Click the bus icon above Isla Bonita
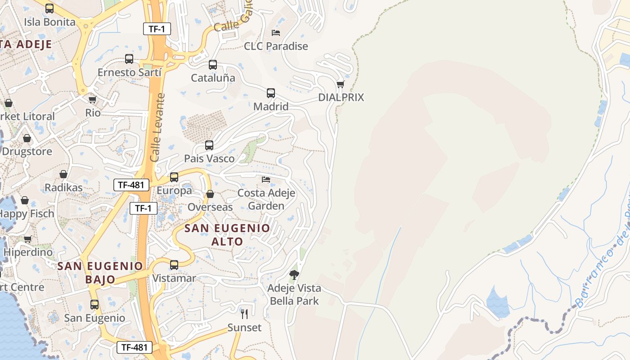(x=49, y=8)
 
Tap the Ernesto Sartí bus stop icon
(x=129, y=58)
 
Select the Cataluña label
(x=213, y=78)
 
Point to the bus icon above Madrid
(x=271, y=93)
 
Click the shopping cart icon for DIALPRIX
(x=341, y=84)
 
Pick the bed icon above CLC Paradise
(x=276, y=33)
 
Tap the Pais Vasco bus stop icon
(x=209, y=145)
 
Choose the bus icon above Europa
(x=174, y=177)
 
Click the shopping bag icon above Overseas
(x=210, y=194)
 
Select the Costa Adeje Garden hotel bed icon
(x=266, y=180)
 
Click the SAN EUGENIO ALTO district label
(x=227, y=234)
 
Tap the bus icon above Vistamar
(x=174, y=265)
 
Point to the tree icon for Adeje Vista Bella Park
(x=294, y=274)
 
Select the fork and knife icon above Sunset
(x=244, y=314)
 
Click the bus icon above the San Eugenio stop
(x=94, y=305)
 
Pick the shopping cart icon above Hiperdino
(x=28, y=239)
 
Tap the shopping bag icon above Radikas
(x=63, y=174)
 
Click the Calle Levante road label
(x=157, y=128)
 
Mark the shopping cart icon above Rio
(x=93, y=99)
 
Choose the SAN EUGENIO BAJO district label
(x=100, y=272)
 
